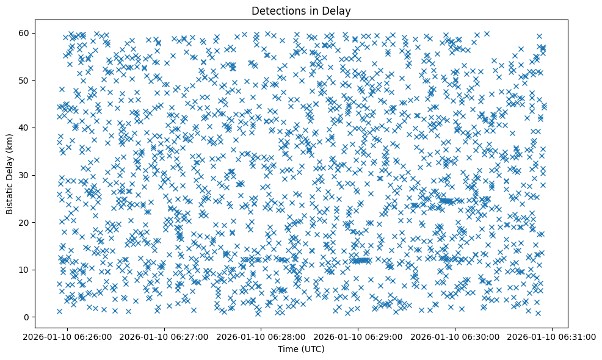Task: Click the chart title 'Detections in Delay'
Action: coord(301,10)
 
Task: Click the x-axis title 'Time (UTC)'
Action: coord(301,349)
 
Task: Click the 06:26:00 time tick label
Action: coord(67,336)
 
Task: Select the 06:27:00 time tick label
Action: coord(164,336)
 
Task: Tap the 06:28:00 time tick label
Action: coord(261,336)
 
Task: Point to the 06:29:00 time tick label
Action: coord(358,336)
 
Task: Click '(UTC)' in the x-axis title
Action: coord(312,349)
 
